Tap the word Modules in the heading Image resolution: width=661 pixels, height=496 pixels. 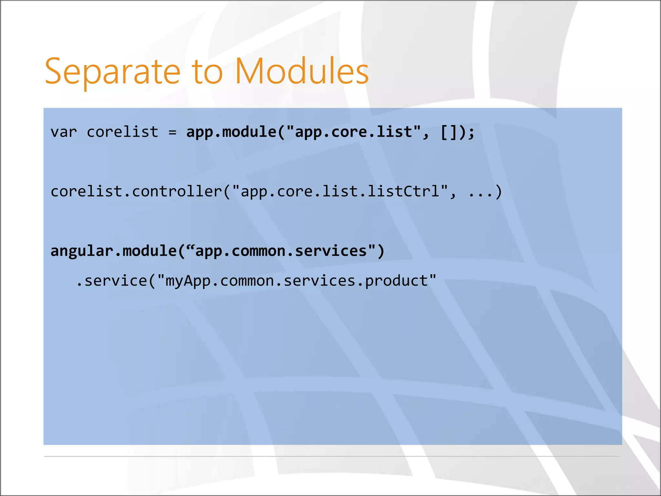coord(302,72)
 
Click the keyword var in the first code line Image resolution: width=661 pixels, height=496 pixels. coord(64,132)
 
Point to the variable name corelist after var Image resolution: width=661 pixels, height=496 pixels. coord(123,132)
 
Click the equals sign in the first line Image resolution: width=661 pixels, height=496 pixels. coord(172,132)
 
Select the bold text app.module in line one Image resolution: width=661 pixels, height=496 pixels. coord(231,132)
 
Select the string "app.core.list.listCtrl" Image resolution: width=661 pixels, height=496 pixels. coord(340,191)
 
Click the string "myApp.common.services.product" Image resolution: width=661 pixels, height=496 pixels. coord(297,281)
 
